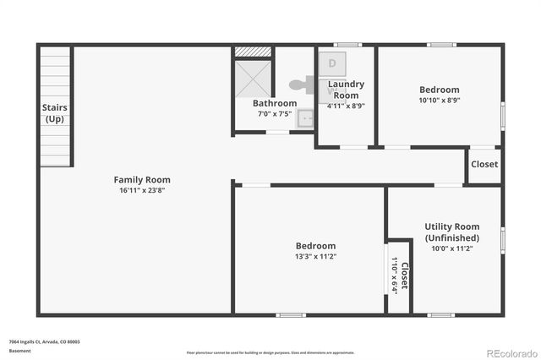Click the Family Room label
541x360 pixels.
[x=142, y=179]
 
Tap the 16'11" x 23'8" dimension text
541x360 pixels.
[x=142, y=190]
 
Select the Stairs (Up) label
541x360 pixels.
[x=55, y=113]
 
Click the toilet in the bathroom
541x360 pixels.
[x=299, y=85]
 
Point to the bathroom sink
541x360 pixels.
[x=305, y=120]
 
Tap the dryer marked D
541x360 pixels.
[x=333, y=63]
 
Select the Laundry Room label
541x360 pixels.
[x=346, y=90]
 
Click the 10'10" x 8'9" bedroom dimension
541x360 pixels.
[x=439, y=101]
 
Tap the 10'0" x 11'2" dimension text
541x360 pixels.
[x=451, y=248]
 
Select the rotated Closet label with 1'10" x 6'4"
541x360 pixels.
[x=399, y=276]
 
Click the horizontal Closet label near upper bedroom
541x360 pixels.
[x=484, y=164]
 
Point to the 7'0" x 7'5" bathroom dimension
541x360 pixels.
[x=275, y=114]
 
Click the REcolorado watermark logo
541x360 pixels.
[x=509, y=351]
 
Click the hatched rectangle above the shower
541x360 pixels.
[x=252, y=52]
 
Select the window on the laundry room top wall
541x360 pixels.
[x=347, y=45]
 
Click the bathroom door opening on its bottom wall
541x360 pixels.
[x=276, y=133]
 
